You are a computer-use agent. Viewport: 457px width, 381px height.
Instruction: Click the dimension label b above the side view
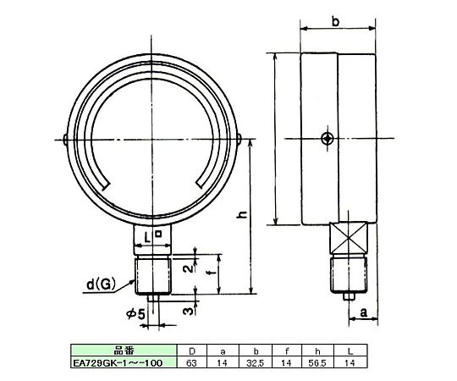pos(336,21)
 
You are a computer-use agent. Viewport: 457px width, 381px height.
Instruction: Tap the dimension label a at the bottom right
pos(363,312)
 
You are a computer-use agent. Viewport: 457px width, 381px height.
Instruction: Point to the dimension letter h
pos(242,214)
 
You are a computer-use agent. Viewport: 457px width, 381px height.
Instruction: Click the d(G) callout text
pos(102,284)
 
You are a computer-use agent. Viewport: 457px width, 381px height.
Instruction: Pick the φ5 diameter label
pos(135,313)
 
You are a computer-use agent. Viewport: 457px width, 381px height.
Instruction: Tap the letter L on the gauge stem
pos(148,239)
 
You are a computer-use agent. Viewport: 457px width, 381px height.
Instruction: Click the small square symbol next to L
pos(158,233)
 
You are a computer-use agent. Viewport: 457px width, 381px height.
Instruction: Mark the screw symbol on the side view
pos(328,139)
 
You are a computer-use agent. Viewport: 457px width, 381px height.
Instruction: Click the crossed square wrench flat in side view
pos(349,238)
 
